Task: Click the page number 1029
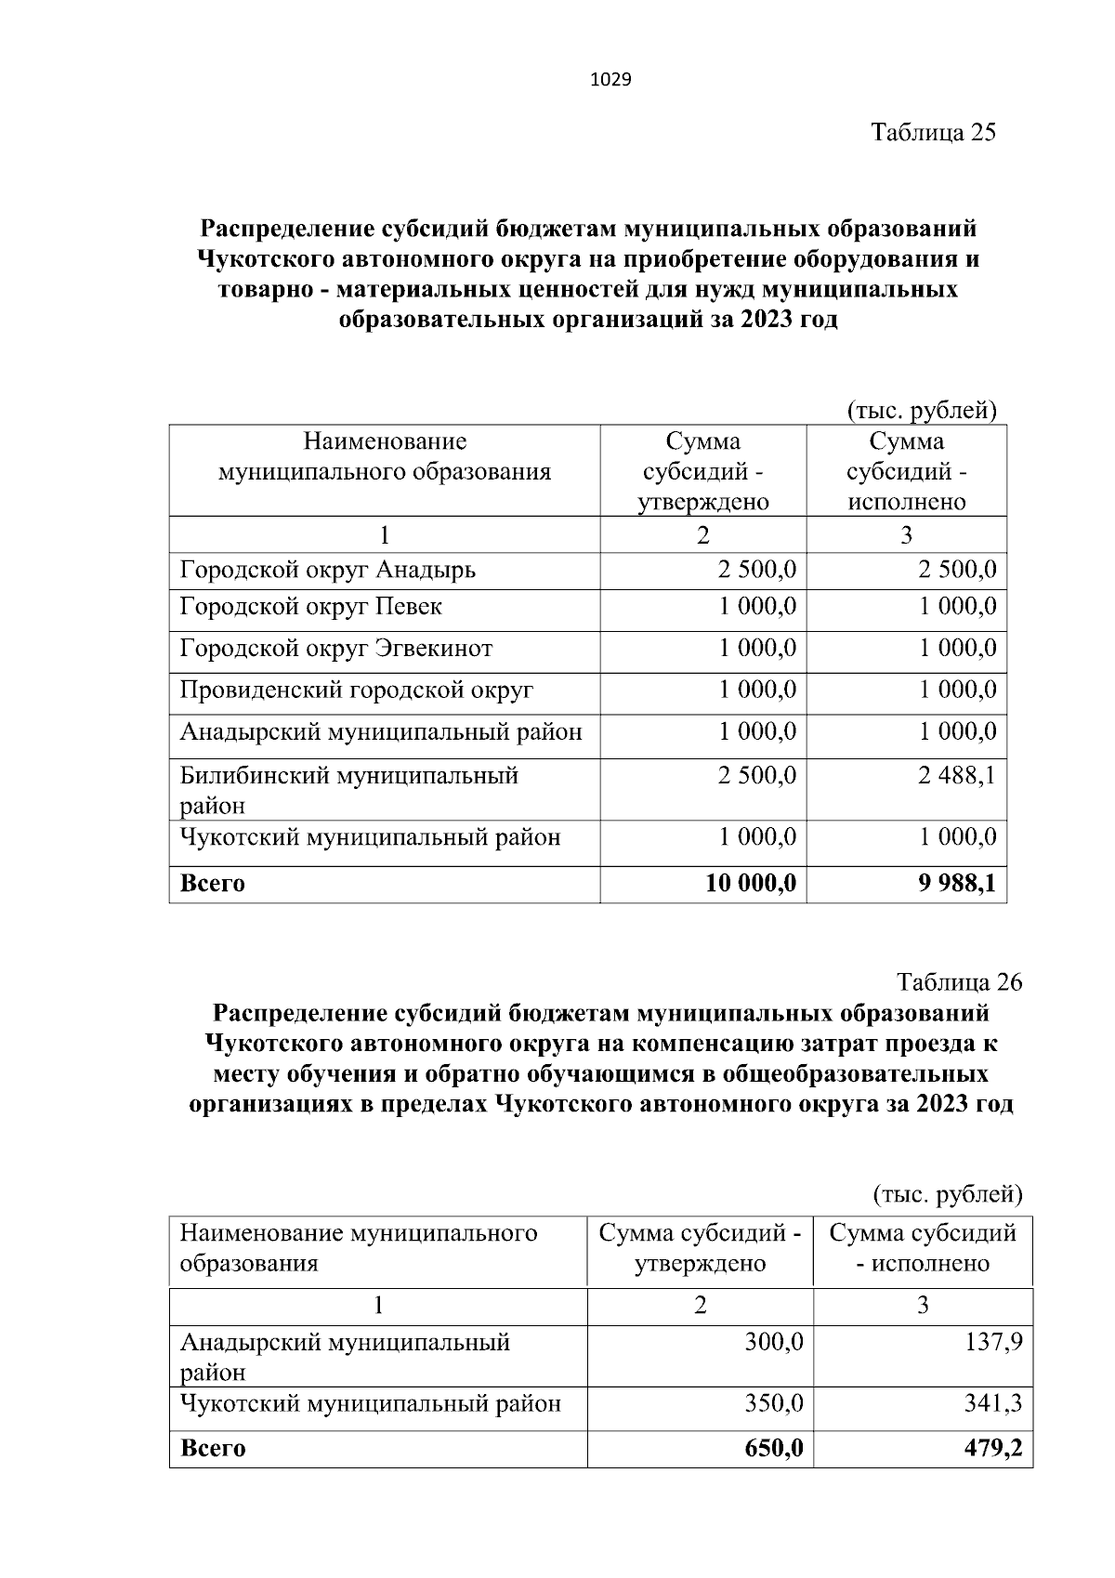(x=610, y=80)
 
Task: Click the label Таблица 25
(x=933, y=132)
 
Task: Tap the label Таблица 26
(x=959, y=981)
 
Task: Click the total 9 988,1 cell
(x=957, y=883)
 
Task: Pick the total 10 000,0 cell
(x=751, y=883)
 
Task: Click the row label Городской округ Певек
(x=310, y=607)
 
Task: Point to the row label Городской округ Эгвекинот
(x=335, y=649)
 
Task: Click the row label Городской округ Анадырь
(x=327, y=569)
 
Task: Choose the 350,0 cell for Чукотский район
(x=773, y=1403)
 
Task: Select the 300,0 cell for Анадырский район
(x=773, y=1342)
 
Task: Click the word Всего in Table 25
(x=212, y=883)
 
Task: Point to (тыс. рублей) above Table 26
(x=948, y=1193)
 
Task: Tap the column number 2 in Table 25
(x=702, y=535)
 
